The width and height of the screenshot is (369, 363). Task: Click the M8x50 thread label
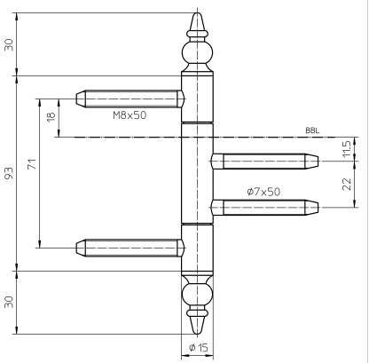[x=130, y=115]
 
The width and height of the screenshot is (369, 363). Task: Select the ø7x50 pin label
[x=263, y=192]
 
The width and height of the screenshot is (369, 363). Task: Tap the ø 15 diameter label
[x=199, y=347]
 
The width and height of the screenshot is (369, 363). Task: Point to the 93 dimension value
[x=9, y=174]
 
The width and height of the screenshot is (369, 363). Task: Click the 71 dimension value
[x=32, y=164]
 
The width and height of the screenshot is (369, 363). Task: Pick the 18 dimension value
[x=51, y=115]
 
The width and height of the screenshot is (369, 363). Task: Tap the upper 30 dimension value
[x=9, y=44]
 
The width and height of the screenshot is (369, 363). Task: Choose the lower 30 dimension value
[x=9, y=302]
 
